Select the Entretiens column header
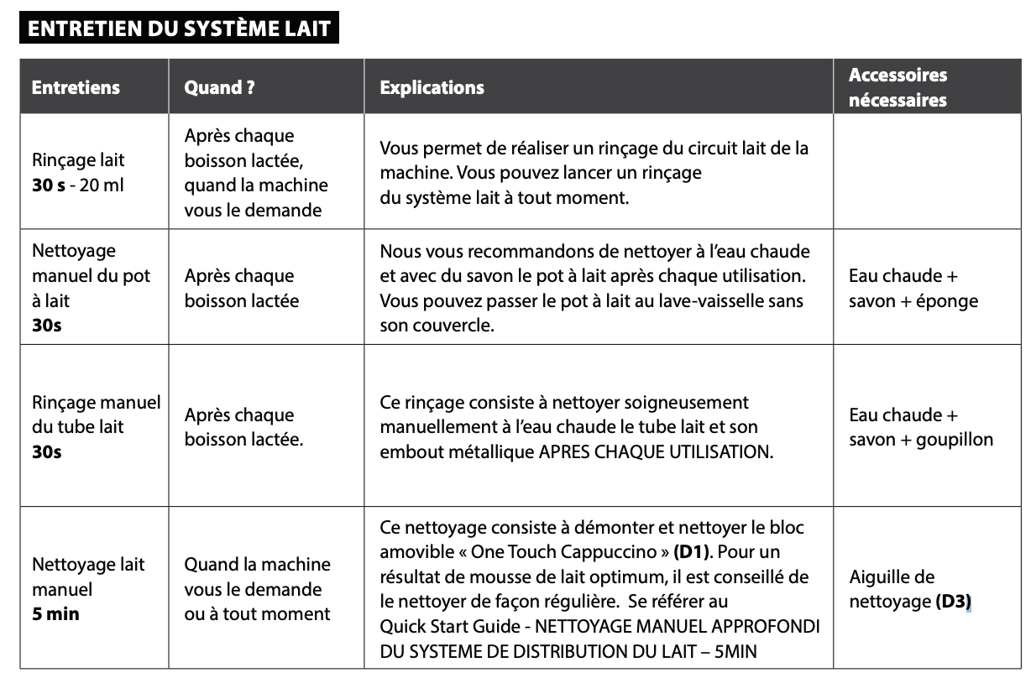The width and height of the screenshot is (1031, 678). [76, 87]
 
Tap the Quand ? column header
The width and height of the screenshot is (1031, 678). [219, 87]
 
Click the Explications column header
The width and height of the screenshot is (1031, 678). [432, 87]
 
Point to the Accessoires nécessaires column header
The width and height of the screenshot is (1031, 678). [898, 87]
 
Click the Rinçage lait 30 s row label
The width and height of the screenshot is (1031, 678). [77, 172]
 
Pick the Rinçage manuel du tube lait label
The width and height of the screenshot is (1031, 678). [96, 427]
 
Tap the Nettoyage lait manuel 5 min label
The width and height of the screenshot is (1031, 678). [88, 589]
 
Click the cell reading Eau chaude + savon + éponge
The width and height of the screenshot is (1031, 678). [913, 288]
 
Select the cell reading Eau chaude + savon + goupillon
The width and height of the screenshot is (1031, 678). [920, 427]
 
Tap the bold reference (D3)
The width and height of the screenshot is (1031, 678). [954, 602]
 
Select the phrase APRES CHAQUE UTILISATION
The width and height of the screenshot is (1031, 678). [654, 451]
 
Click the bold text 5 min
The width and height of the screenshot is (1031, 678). [55, 613]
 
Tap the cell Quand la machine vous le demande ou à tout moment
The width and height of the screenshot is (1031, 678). [257, 589]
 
